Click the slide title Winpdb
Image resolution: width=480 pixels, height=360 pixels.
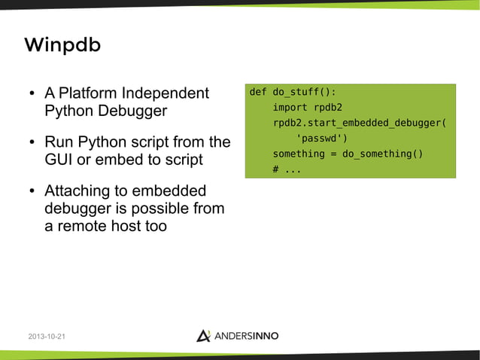pyautogui.click(x=62, y=46)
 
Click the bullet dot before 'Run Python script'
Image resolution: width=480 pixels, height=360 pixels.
pyautogui.click(x=32, y=143)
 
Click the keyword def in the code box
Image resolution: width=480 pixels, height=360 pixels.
pyautogui.click(x=257, y=92)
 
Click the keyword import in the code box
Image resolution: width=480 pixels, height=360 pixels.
pyautogui.click(x=290, y=108)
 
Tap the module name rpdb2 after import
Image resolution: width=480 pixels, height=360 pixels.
pyautogui.click(x=327, y=108)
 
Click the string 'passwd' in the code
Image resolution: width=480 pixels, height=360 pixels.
pyautogui.click(x=322, y=139)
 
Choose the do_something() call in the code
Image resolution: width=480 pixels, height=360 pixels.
pyautogui.click(x=382, y=154)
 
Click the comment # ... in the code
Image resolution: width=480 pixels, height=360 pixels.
pyautogui.click(x=287, y=169)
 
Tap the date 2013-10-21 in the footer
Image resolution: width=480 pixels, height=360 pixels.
pyautogui.click(x=46, y=336)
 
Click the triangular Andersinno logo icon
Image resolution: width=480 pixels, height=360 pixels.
pyautogui.click(x=203, y=335)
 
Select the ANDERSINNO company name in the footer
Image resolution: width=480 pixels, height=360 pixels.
pyautogui.click(x=249, y=336)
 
